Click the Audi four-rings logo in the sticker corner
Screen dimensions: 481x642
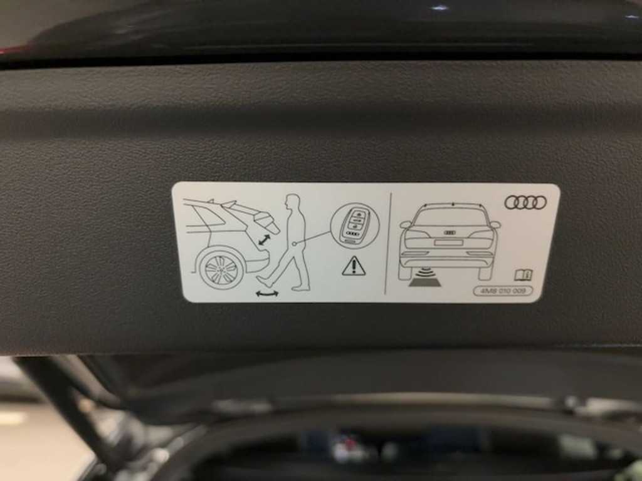point(525,202)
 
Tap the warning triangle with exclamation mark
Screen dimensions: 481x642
point(354,266)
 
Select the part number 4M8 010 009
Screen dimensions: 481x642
point(503,291)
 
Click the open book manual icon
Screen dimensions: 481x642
point(523,275)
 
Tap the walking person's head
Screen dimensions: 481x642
point(292,202)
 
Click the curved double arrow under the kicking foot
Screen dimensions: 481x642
point(267,293)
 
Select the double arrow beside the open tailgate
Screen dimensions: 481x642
point(265,240)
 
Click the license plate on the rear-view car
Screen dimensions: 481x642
point(448,242)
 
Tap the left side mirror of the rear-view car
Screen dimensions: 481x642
point(406,224)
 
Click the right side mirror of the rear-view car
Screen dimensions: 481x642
point(495,224)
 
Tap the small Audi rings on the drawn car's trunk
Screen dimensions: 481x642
point(450,232)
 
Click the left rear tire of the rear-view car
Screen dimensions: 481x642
point(404,272)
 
